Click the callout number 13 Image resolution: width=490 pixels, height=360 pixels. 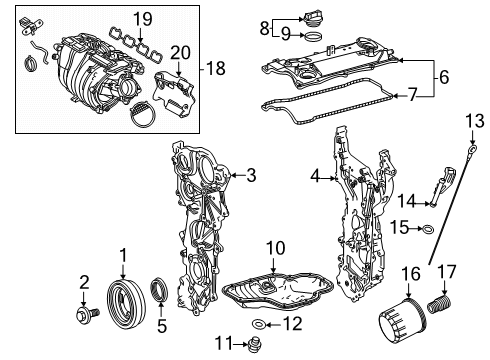475,121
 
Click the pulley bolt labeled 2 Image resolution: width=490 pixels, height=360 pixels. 87,314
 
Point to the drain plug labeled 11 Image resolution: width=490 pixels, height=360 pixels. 254,345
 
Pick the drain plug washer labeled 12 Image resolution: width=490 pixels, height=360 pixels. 257,324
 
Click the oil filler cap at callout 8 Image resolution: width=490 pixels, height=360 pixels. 312,19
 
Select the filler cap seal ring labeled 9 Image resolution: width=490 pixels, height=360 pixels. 314,36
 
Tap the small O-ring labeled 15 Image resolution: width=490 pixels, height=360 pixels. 428,229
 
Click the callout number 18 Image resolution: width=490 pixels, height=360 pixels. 216,69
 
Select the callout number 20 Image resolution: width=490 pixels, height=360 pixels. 181,53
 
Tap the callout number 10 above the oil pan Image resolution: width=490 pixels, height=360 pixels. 276,248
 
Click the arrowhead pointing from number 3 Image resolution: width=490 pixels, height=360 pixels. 233,175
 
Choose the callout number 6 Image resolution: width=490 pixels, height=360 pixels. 444,77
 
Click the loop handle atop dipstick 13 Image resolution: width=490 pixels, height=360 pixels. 472,148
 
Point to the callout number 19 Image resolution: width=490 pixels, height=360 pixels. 143,19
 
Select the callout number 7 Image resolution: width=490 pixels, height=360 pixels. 413,95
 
